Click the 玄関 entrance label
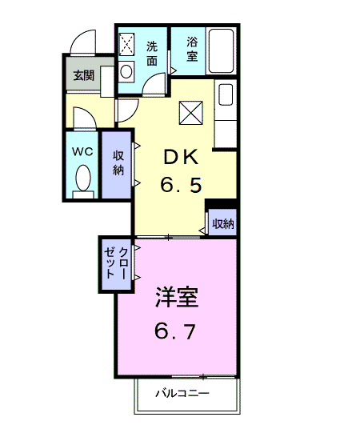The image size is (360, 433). click(x=84, y=75)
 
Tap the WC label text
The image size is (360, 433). click(x=82, y=151)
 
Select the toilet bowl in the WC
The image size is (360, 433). click(x=83, y=178)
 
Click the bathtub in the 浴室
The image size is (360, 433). click(x=221, y=50)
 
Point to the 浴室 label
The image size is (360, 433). click(x=192, y=49)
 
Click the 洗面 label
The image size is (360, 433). click(x=152, y=54)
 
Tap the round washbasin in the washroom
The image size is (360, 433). click(x=126, y=72)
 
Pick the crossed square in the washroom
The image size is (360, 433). click(x=126, y=45)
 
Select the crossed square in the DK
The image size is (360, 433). click(x=191, y=113)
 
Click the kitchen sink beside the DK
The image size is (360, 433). click(x=226, y=94)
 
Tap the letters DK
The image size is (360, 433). click(x=181, y=157)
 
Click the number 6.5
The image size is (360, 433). click(x=181, y=185)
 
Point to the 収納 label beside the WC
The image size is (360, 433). click(x=118, y=163)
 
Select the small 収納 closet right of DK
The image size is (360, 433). click(x=222, y=223)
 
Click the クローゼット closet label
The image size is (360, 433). click(x=116, y=263)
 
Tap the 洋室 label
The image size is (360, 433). click(x=177, y=298)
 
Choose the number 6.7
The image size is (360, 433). click(x=175, y=331)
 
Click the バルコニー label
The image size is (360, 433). click(x=182, y=393)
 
